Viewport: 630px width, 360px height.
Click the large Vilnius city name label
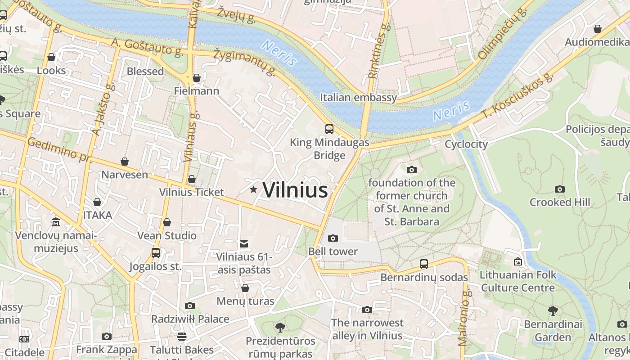[295, 190]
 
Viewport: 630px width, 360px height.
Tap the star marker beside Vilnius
[253, 190]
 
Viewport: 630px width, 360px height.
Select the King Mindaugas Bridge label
[329, 149]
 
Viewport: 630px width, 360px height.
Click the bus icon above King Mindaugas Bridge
[329, 129]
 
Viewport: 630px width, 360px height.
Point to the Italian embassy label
[358, 97]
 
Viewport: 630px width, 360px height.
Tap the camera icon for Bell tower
[333, 238]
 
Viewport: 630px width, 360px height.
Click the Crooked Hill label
[559, 202]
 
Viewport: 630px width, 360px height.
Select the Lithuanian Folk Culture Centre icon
[518, 261]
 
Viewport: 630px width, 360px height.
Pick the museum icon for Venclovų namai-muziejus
[56, 222]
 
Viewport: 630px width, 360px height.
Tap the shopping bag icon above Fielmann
[196, 78]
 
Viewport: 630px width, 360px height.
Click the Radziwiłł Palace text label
[190, 319]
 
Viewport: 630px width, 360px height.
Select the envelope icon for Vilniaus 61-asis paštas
[244, 244]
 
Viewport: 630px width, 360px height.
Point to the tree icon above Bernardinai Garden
[553, 310]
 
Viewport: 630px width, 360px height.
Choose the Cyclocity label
[466, 144]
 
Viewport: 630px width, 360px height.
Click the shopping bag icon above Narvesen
[125, 162]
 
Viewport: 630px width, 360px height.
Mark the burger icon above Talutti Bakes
[182, 336]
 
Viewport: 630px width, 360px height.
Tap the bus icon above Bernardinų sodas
[423, 264]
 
